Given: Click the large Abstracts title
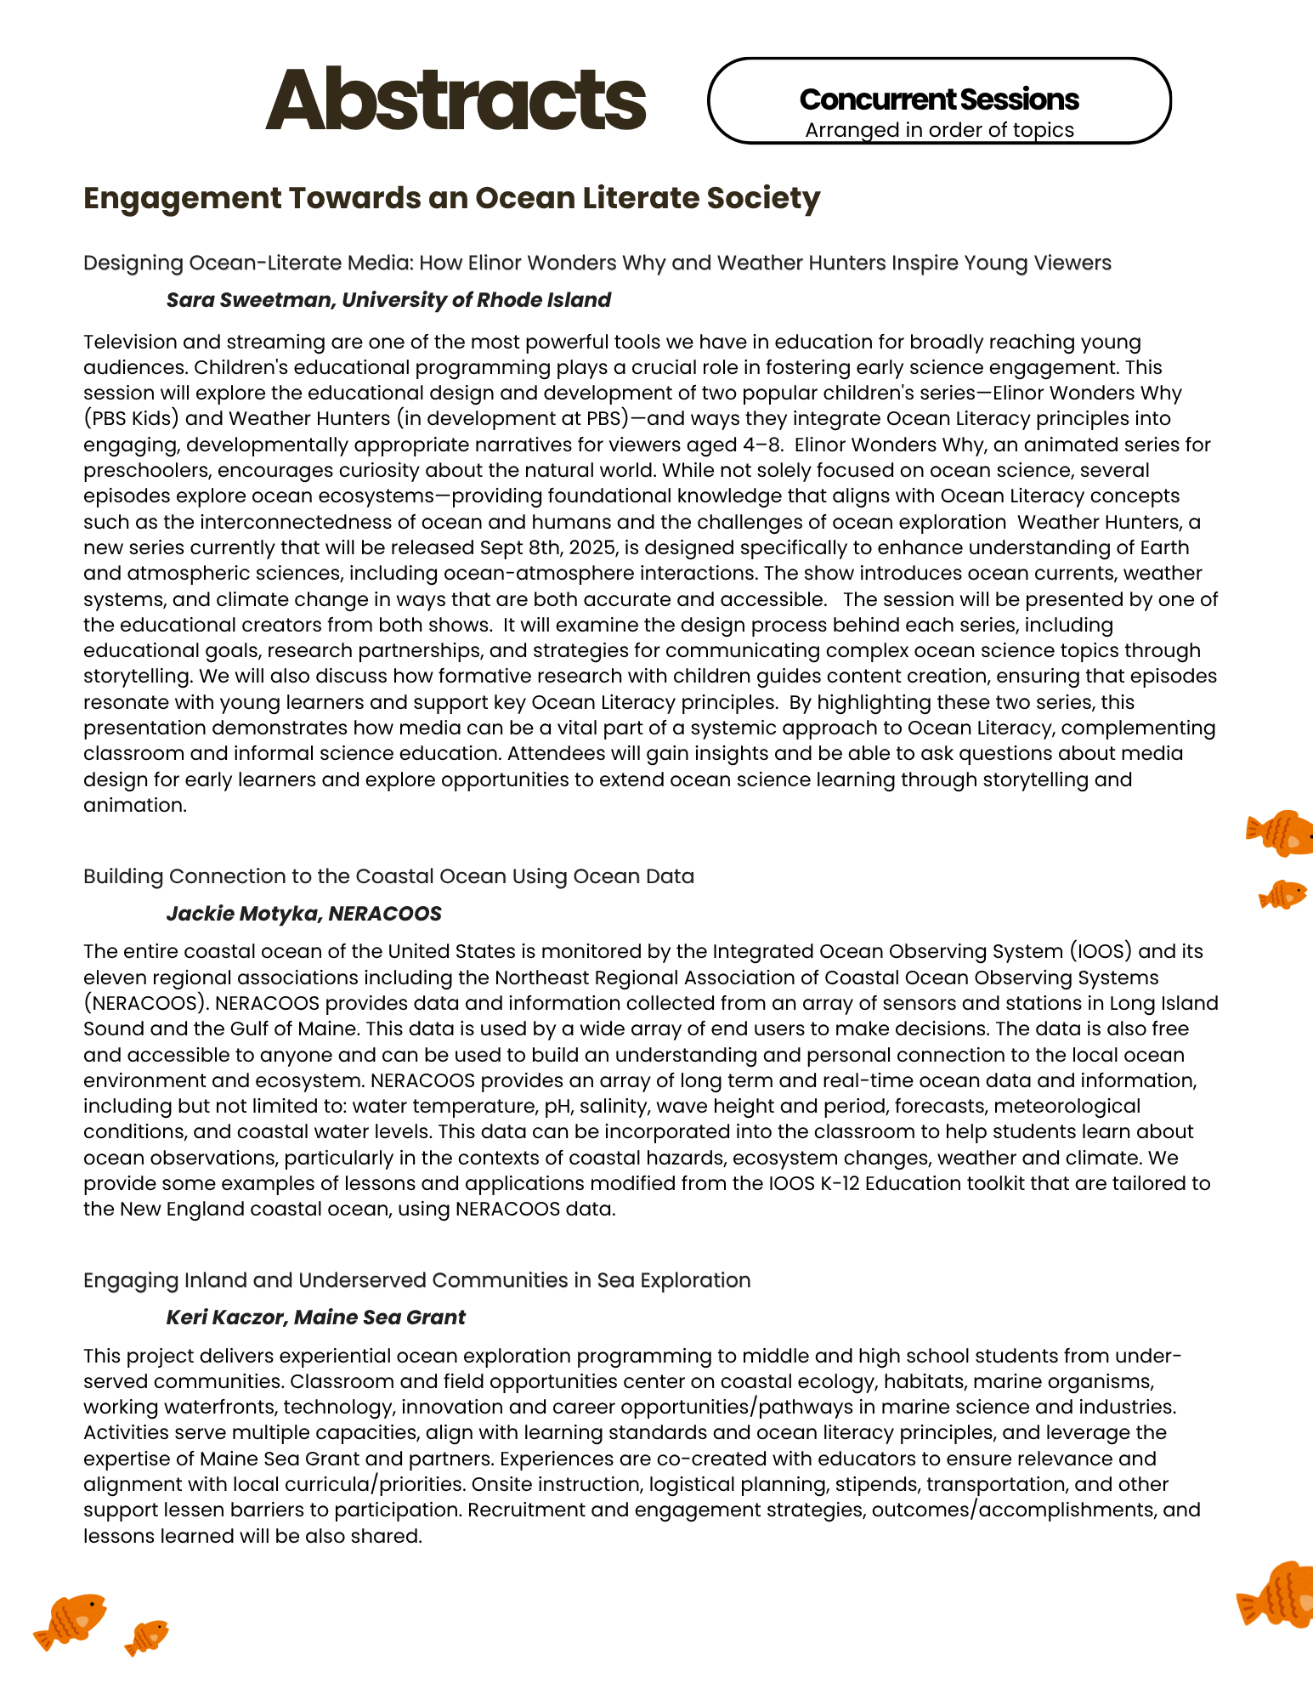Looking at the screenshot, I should pyautogui.click(x=456, y=100).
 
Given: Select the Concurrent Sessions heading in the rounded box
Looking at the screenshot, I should pyautogui.click(x=939, y=99).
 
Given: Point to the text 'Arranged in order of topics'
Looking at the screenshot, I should pyautogui.click(x=939, y=130).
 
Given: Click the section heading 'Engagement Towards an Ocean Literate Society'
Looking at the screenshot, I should pyautogui.click(x=451, y=198).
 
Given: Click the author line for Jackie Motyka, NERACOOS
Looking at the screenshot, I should pyautogui.click(x=303, y=914).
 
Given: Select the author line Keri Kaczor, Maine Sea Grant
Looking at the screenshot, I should pyautogui.click(x=315, y=1317).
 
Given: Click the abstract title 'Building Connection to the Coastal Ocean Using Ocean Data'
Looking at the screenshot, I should pyautogui.click(x=388, y=876).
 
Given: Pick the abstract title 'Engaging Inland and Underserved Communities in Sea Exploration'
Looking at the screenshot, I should pyautogui.click(x=416, y=1280).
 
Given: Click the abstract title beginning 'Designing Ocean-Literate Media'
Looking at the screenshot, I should pyautogui.click(x=597, y=263).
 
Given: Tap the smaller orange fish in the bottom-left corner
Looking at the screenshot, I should pyautogui.click(x=147, y=1636).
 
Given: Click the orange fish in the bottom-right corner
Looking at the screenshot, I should pyautogui.click(x=1277, y=1596).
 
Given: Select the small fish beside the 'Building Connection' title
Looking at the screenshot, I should pyautogui.click(x=1282, y=894).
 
